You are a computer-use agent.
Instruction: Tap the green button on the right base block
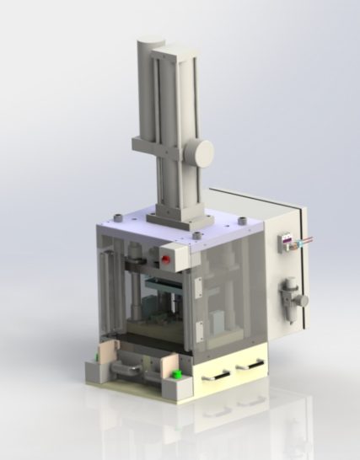179,373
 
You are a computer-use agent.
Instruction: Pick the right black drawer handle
250,366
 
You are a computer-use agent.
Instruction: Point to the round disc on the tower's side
202,152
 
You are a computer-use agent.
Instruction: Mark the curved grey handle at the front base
128,368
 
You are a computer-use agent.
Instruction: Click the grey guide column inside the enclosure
133,291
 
